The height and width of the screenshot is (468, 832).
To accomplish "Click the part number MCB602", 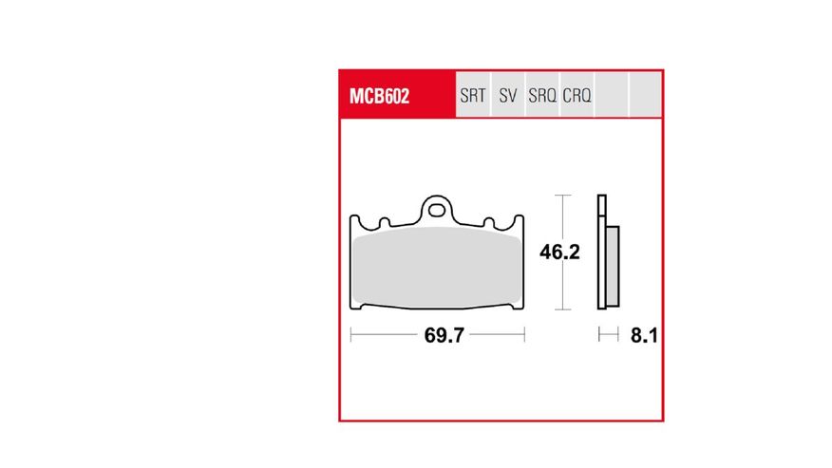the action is (x=379, y=96).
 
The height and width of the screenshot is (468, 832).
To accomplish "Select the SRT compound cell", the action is (x=473, y=95).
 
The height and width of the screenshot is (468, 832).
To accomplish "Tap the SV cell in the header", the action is (x=508, y=95).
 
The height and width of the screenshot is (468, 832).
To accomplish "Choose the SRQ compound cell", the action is (x=542, y=95).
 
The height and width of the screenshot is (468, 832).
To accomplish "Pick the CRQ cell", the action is (x=577, y=95).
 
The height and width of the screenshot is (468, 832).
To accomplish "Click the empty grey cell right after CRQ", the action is (x=612, y=95).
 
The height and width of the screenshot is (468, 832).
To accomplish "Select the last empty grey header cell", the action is (x=645, y=95).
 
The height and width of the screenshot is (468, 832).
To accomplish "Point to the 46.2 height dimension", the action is (x=559, y=253).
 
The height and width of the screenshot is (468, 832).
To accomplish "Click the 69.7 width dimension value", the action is (x=444, y=335).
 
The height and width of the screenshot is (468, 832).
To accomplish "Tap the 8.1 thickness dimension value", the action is (x=644, y=335).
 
